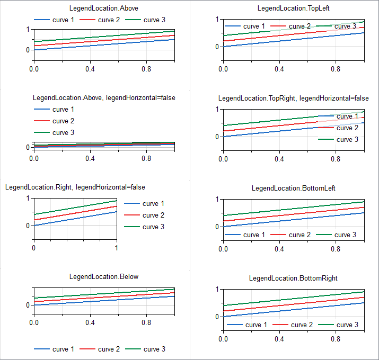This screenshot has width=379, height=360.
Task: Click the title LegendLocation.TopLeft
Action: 293,8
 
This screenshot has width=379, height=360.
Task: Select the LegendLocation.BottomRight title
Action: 293,278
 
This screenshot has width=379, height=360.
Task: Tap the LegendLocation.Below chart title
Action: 104,276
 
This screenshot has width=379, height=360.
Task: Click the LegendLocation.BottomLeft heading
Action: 293,188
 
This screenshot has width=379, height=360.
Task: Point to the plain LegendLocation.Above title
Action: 104,8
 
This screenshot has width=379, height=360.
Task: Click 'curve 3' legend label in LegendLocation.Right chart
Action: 154,227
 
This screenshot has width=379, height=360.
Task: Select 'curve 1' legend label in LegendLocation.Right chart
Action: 154,203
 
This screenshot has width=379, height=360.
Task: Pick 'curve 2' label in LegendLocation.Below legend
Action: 109,349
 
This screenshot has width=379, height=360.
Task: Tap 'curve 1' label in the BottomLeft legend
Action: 251,235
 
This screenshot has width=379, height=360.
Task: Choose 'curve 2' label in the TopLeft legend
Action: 300,26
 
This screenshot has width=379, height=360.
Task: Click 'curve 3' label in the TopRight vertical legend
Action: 348,139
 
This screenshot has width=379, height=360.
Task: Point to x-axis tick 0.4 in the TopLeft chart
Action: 279,69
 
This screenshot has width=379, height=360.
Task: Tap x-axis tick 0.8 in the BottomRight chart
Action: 336,339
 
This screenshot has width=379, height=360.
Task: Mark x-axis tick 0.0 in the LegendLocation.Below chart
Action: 34,322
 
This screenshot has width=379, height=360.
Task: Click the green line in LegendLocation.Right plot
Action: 75,208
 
